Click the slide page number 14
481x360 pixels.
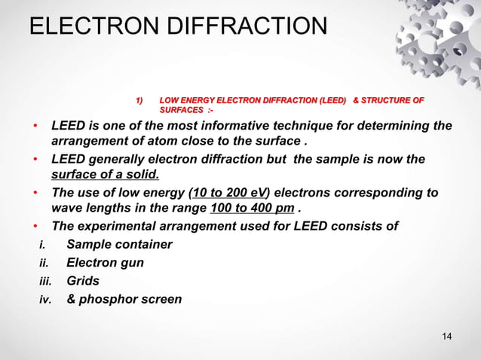tap(447, 335)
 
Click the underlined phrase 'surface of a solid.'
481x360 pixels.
tap(105, 175)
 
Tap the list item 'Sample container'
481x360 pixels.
tap(119, 245)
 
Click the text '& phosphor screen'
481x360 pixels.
tap(124, 299)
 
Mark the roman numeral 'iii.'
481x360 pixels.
tap(47, 281)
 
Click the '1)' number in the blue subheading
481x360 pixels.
tap(138, 100)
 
